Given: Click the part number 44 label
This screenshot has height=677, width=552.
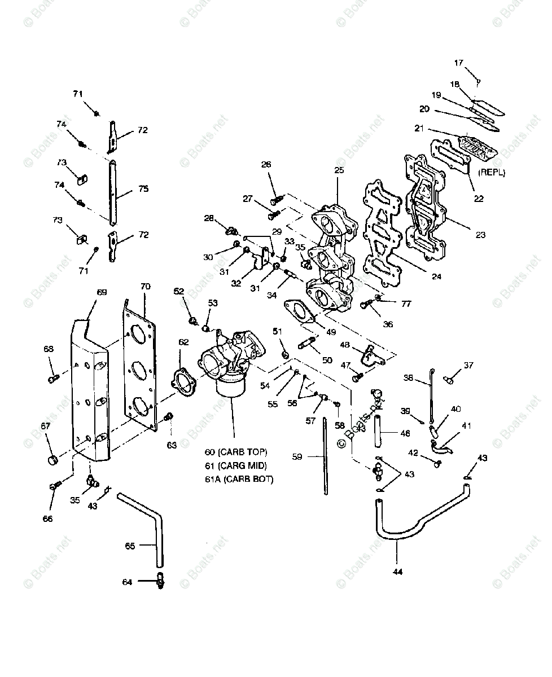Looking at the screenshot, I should click(x=397, y=572).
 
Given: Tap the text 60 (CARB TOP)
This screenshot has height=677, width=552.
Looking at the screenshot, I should click(x=236, y=452).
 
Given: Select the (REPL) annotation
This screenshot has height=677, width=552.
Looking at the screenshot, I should click(x=491, y=173).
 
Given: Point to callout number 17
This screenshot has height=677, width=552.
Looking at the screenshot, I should click(x=458, y=63).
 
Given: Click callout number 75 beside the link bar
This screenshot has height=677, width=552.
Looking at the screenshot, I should click(x=143, y=189).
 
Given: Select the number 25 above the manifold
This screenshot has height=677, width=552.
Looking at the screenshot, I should click(x=339, y=169).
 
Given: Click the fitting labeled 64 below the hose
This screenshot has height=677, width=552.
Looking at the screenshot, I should click(x=160, y=582).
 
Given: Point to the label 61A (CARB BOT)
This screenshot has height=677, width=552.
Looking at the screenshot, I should click(x=239, y=480).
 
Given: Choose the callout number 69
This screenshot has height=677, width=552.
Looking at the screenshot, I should click(x=102, y=292).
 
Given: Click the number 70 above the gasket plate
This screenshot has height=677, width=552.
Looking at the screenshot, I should click(x=145, y=287).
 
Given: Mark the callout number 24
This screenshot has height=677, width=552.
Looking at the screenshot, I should click(x=437, y=276).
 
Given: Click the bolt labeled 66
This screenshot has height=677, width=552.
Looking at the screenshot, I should click(x=56, y=486).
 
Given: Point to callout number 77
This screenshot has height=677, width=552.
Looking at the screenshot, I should click(x=406, y=304).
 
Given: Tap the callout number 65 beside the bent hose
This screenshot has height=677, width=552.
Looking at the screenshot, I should click(x=130, y=546).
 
